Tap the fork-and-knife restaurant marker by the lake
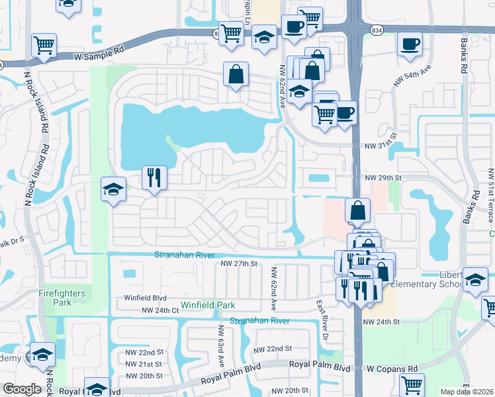pos(154,177)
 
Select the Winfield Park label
pos(208,305)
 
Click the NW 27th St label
pos(237,263)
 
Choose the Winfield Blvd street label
pos(145,298)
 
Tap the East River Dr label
pos(321,307)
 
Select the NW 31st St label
pos(383,146)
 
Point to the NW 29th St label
pos(383,178)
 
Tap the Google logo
pos(22,389)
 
